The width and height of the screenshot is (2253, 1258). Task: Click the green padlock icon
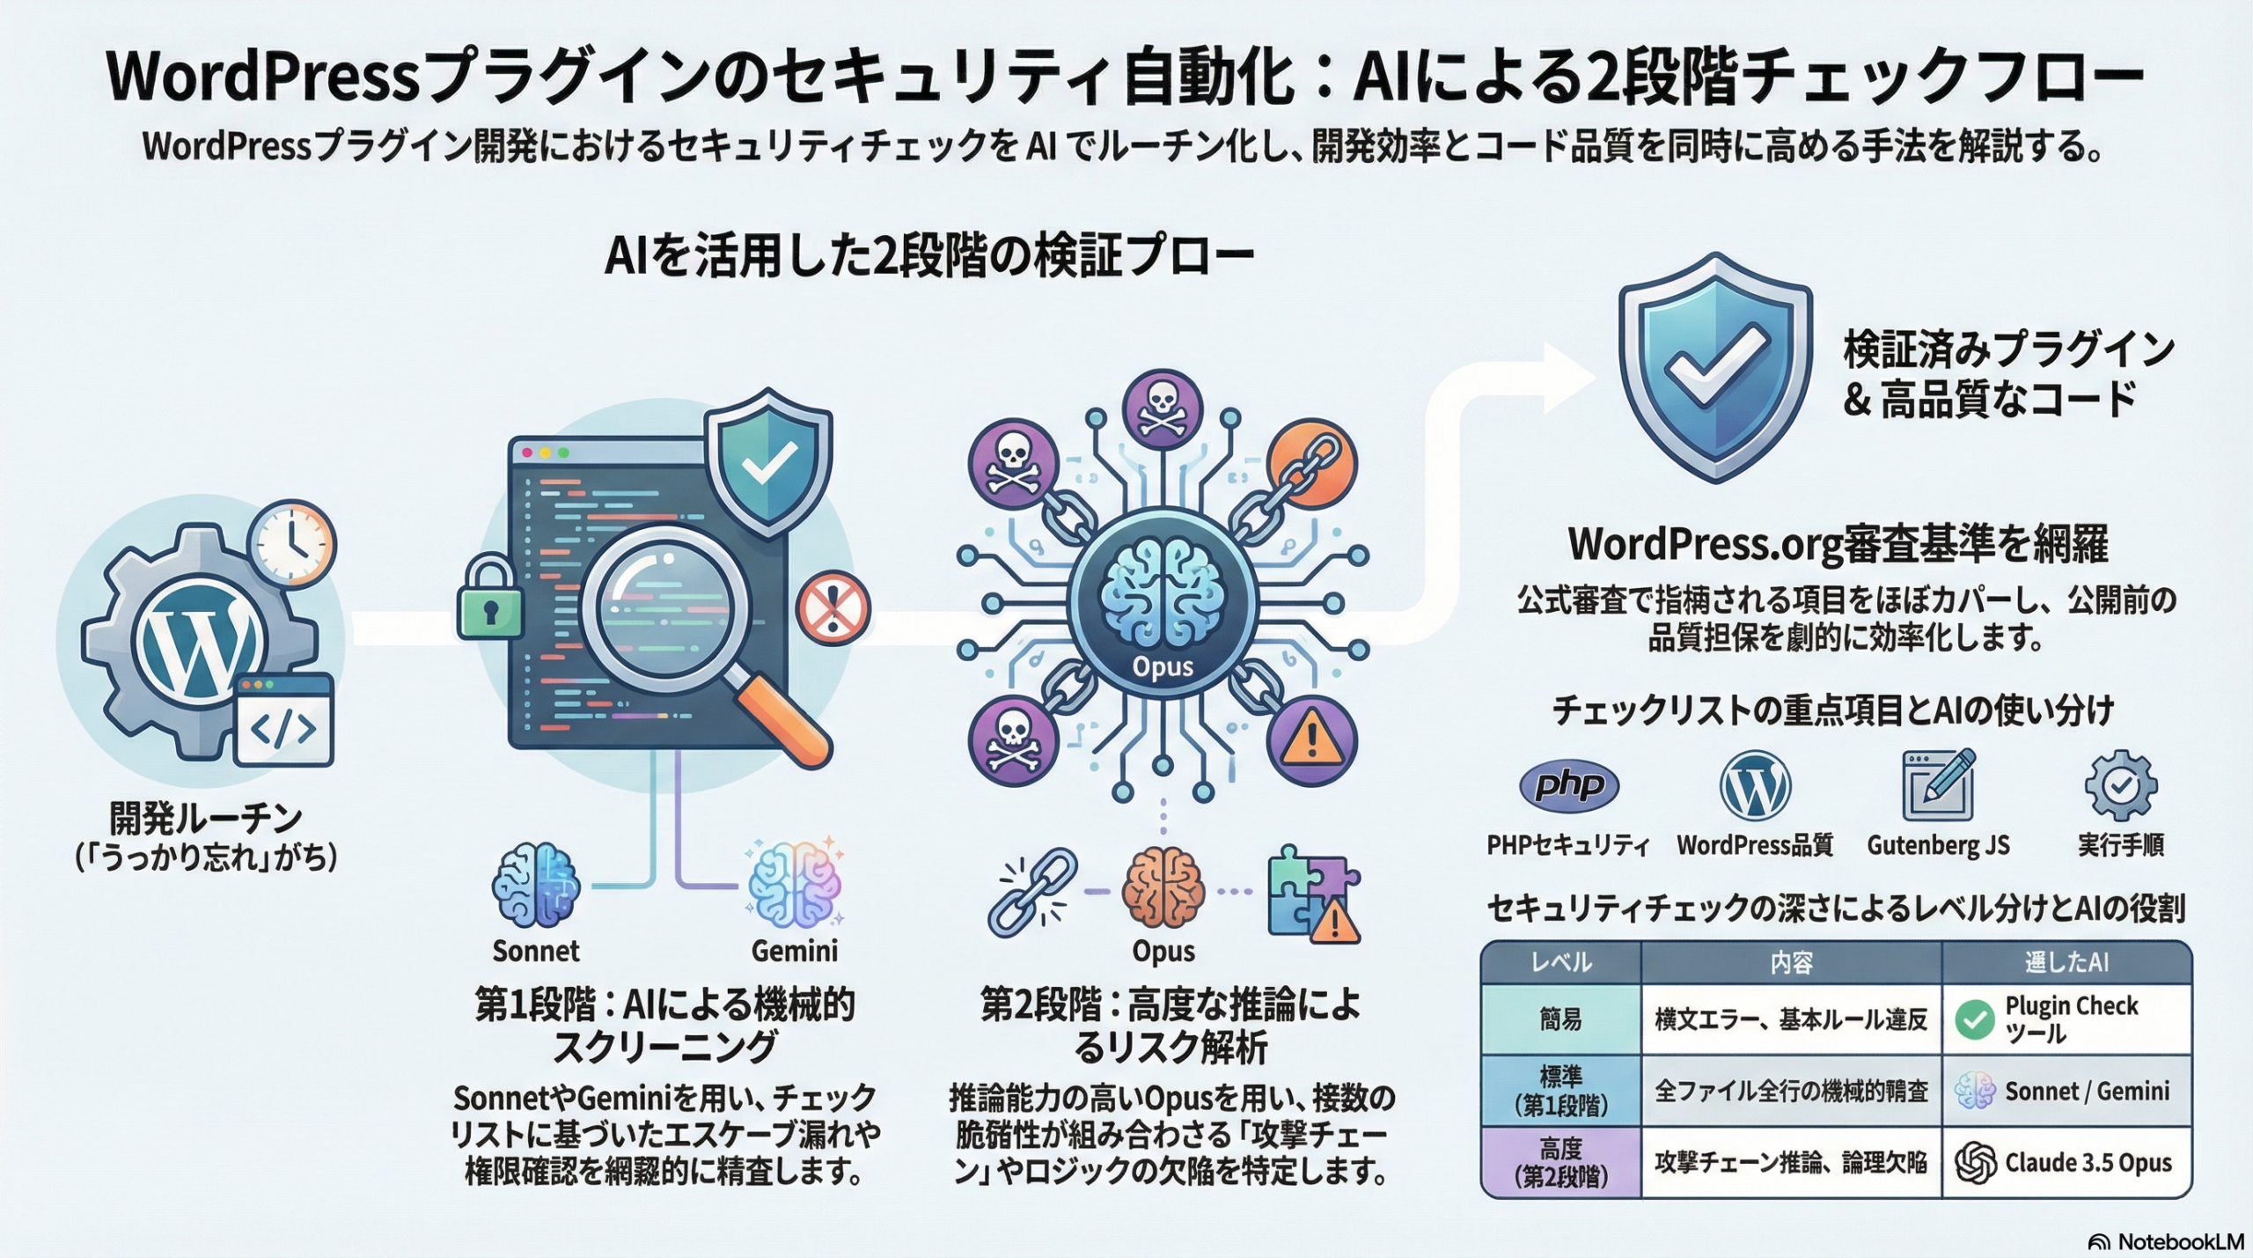[x=490, y=599]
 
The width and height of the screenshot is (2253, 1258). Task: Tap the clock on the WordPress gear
[x=291, y=543]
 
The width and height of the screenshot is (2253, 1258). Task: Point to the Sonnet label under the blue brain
[x=535, y=951]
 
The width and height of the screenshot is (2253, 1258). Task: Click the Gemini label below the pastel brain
[x=794, y=951]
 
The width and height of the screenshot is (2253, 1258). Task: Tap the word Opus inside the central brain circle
[x=1163, y=666]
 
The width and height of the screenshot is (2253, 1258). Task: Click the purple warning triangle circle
[x=1311, y=740]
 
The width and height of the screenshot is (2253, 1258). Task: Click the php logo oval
[x=1568, y=784]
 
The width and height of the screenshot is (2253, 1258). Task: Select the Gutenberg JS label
[x=1938, y=846]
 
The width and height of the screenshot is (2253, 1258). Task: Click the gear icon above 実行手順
[x=2121, y=786]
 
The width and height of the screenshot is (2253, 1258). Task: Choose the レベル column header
[x=1560, y=962]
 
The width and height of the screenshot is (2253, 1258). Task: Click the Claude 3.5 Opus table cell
[x=2066, y=1163]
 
